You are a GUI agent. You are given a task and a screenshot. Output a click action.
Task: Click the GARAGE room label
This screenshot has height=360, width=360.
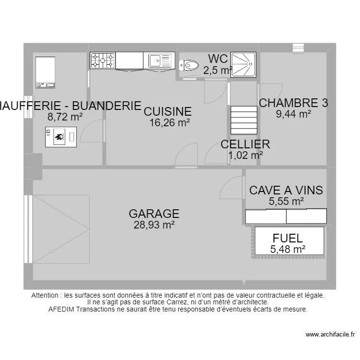tap(154, 214)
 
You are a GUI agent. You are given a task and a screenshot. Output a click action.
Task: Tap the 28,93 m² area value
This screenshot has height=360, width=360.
tap(154, 225)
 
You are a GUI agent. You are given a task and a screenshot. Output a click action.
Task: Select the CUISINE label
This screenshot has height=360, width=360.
tap(168, 112)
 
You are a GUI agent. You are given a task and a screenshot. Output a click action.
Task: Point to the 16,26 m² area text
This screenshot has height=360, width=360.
tap(169, 123)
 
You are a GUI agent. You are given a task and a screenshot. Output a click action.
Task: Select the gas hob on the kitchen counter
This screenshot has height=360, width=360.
tap(103, 60)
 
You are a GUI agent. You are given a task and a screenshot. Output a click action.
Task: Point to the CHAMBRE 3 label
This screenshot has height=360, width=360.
tap(293, 103)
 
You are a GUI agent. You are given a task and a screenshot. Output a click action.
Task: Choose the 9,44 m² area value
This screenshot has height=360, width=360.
tap(293, 114)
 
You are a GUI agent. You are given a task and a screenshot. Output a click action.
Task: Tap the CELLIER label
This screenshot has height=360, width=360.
tap(245, 144)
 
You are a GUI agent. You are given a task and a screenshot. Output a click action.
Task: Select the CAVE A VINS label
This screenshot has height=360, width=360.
tap(286, 191)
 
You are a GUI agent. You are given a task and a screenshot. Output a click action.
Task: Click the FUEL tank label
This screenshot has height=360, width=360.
tap(288, 238)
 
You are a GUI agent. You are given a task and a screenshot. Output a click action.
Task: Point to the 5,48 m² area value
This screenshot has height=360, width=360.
tap(288, 249)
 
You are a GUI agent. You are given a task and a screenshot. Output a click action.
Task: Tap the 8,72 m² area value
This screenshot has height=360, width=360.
tap(65, 116)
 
